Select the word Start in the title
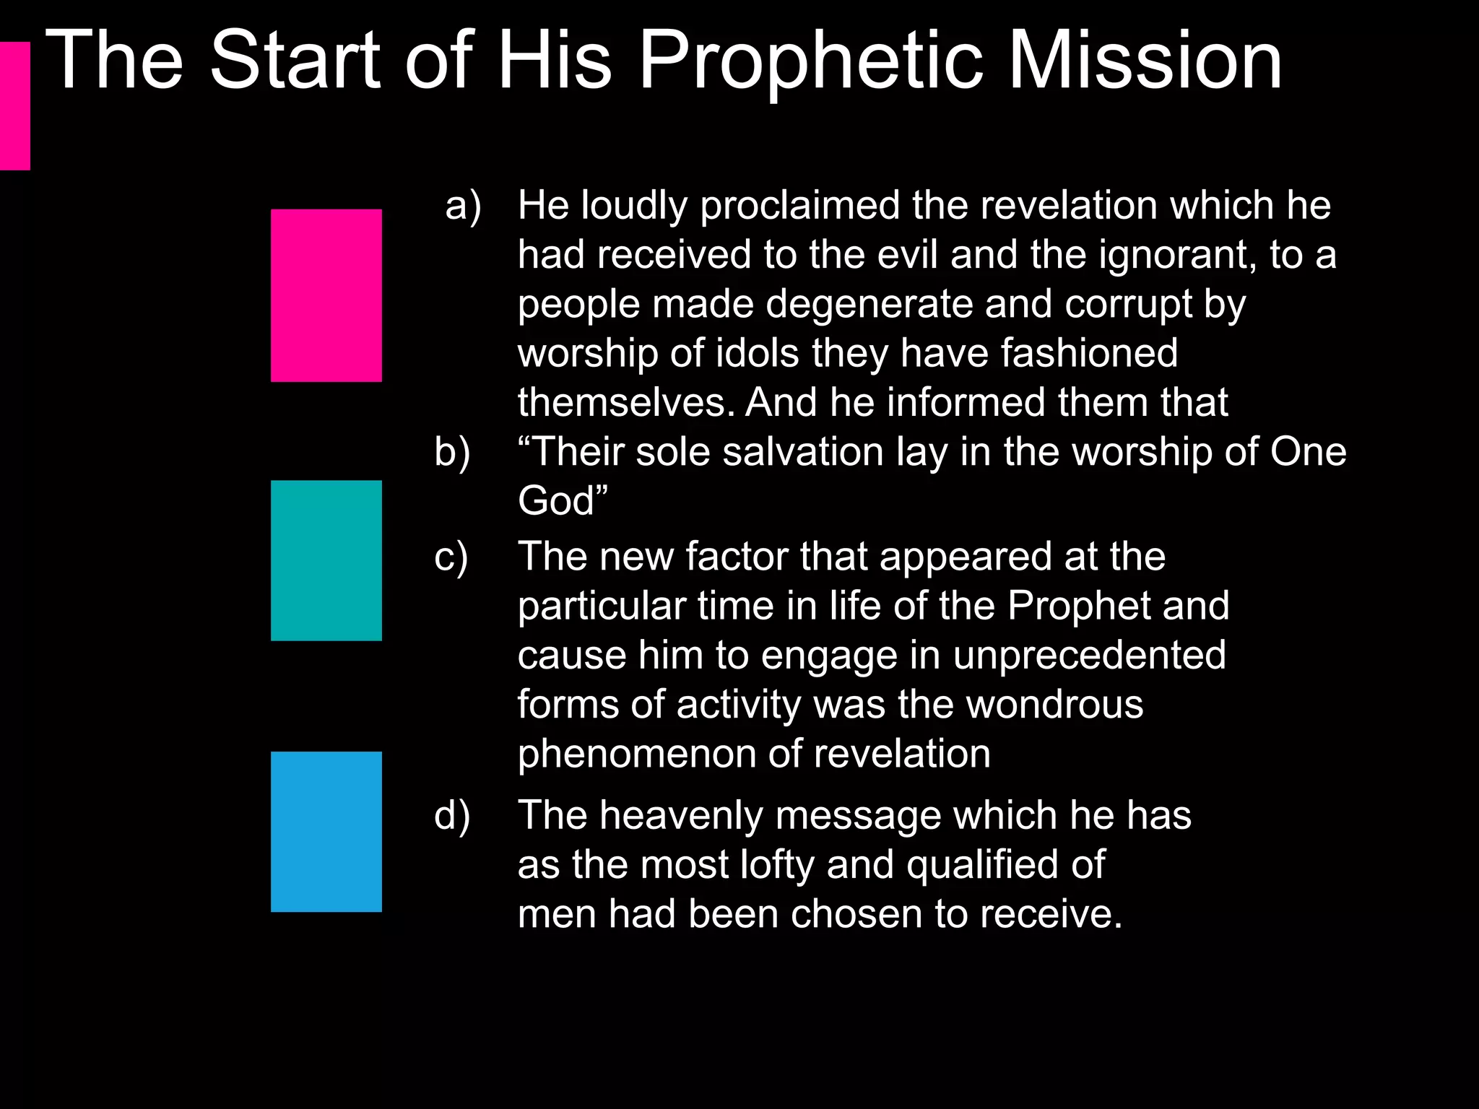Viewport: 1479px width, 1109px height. tap(295, 61)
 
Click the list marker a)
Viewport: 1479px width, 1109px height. tap(463, 206)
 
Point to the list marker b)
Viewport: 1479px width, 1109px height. tap(452, 453)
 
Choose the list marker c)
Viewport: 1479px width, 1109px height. tap(451, 557)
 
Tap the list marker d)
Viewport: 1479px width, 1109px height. tap(452, 816)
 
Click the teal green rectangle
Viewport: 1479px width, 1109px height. tap(326, 560)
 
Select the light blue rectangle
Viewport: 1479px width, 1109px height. tap(326, 832)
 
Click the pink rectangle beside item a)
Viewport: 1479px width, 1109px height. tap(326, 295)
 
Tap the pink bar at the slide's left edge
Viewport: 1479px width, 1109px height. tap(14, 106)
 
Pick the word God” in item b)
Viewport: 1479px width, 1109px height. tap(563, 501)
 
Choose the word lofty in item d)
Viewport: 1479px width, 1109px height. tap(777, 865)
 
